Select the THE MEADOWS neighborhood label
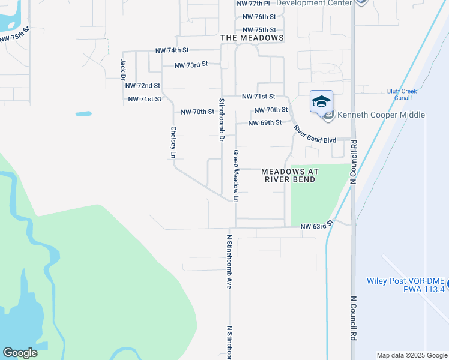252,38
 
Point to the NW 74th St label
172,50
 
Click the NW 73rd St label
191,64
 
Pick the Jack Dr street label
122,70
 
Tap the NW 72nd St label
142,86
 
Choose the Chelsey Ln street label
173,142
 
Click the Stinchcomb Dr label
221,119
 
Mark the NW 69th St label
265,123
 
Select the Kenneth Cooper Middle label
381,115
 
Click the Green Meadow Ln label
236,176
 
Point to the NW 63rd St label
316,226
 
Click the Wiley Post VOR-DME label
406,284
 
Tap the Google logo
20,353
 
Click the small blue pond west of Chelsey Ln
83,113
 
